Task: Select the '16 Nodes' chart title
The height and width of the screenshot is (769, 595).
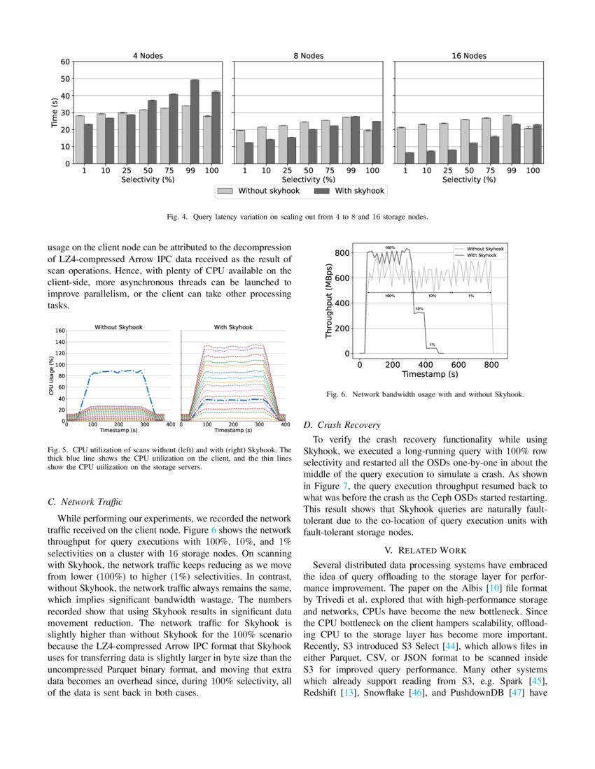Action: coord(468,56)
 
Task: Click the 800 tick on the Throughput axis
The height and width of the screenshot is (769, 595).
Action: coord(342,253)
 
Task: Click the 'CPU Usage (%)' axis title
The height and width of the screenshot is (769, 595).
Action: coord(51,375)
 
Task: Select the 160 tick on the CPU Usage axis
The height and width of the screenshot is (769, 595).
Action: coord(60,331)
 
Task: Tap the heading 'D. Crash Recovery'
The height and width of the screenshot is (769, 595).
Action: coord(342,424)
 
